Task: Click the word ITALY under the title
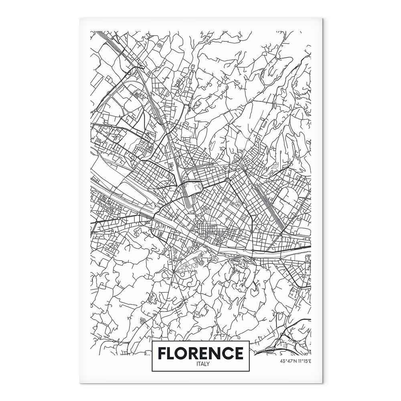point(200,364)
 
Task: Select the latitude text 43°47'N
point(287,360)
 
